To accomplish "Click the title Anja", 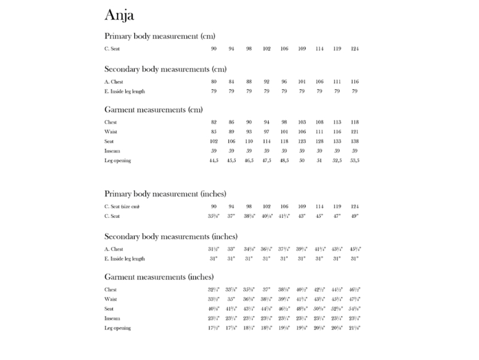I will tap(123, 14).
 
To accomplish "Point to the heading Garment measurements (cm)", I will tap(153, 109).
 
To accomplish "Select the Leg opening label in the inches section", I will tap(118, 328).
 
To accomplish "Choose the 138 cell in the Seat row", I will tap(354, 141).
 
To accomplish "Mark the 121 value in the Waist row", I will tap(354, 131).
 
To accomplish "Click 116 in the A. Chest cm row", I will tap(354, 82).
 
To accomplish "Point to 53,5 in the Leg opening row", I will tap(354, 160).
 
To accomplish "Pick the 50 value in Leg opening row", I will tap(302, 160).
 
